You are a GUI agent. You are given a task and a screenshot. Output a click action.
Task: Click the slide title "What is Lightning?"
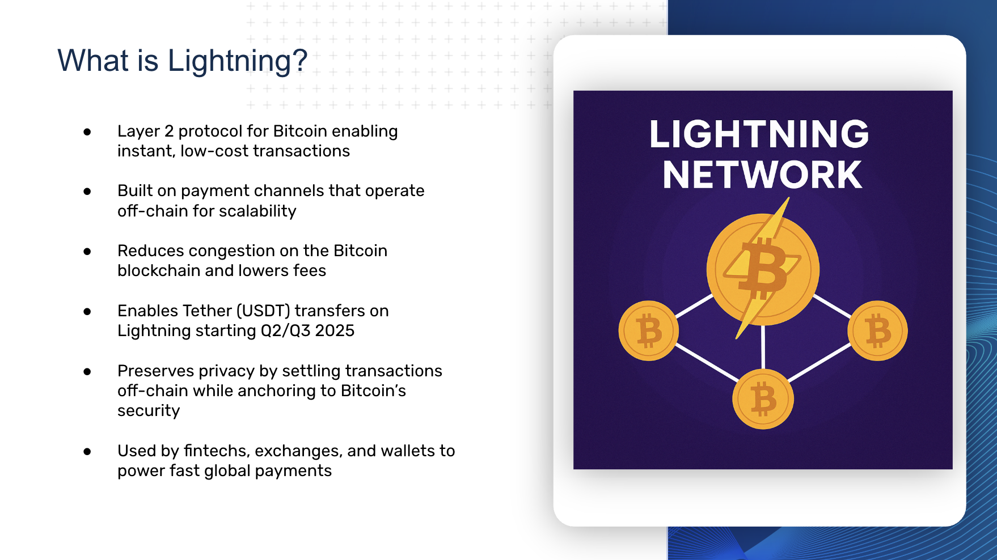coord(183,61)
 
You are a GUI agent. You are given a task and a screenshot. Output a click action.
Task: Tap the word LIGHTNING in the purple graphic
coord(759,134)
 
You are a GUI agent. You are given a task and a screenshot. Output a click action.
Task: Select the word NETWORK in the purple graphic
coord(762,175)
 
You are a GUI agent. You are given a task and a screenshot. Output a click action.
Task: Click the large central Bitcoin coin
coord(763,269)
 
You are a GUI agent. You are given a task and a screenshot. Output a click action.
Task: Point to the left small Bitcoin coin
coord(648,330)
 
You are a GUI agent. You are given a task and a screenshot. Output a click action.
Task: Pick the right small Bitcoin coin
coord(877,330)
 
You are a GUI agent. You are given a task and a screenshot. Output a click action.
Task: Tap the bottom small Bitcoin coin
coord(763,399)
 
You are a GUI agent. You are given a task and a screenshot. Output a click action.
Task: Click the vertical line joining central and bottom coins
coord(763,347)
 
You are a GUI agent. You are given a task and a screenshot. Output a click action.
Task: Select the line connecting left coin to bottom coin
coord(707,363)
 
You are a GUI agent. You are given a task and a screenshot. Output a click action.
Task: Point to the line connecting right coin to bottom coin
coord(819,363)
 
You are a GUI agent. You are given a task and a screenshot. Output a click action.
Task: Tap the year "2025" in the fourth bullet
coord(335,330)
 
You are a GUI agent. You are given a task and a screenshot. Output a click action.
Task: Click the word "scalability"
coord(257,211)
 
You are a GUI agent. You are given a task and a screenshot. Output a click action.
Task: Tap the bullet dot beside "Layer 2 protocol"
coord(87,132)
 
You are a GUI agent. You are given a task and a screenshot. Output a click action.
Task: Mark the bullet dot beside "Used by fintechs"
coord(87,452)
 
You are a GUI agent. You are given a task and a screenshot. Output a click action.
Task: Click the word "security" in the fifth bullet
coord(149,411)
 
